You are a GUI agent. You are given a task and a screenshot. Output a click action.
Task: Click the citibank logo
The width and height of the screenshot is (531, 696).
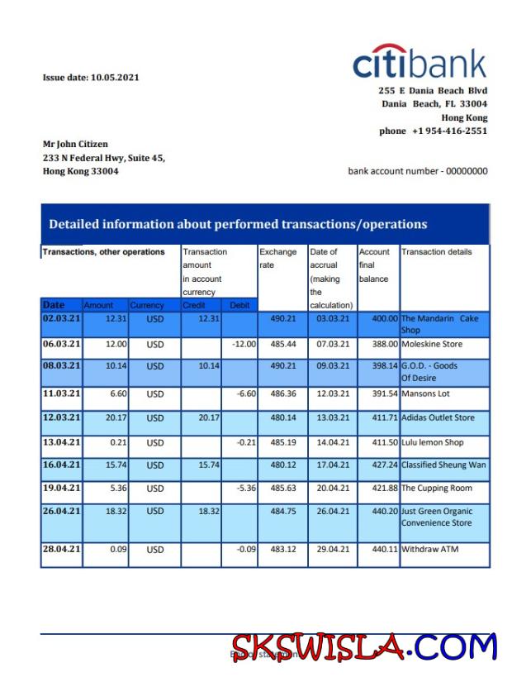click(x=420, y=63)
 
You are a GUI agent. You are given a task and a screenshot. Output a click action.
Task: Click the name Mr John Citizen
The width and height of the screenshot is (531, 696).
click(x=75, y=144)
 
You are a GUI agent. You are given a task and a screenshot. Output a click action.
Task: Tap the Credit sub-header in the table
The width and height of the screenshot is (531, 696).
click(x=194, y=305)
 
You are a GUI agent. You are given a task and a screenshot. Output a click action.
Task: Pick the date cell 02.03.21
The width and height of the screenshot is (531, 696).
click(x=61, y=318)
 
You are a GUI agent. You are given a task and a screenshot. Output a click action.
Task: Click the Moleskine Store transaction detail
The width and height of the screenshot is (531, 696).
click(x=432, y=344)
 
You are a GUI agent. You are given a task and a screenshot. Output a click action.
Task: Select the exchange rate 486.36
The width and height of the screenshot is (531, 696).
click(x=282, y=394)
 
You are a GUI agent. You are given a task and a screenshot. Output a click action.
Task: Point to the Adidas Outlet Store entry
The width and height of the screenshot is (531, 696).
click(x=438, y=418)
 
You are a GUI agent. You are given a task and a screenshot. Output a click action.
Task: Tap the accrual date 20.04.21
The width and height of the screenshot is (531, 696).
click(x=333, y=489)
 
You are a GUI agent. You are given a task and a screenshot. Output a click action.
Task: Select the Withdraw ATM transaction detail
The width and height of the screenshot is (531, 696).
click(x=429, y=550)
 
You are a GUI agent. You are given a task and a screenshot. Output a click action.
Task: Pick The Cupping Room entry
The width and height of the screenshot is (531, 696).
click(x=437, y=489)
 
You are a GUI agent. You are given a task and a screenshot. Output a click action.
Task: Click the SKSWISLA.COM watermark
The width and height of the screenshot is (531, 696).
click(x=364, y=647)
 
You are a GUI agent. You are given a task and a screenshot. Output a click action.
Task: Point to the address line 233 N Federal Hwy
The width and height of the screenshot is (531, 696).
click(x=104, y=157)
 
